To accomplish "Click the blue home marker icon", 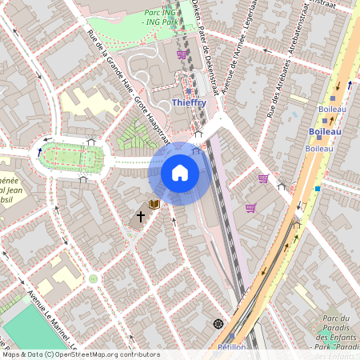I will [180, 173].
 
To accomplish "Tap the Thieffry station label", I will [189, 102].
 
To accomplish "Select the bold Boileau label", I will [326, 131].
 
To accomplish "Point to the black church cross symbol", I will [140, 216].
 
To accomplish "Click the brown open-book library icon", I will [154, 205].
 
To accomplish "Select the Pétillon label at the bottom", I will [231, 347].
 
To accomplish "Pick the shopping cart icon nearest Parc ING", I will [182, 54].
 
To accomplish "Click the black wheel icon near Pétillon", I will [218, 324].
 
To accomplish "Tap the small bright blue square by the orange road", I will [318, 189].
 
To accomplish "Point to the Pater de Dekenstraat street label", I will [207, 48].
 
